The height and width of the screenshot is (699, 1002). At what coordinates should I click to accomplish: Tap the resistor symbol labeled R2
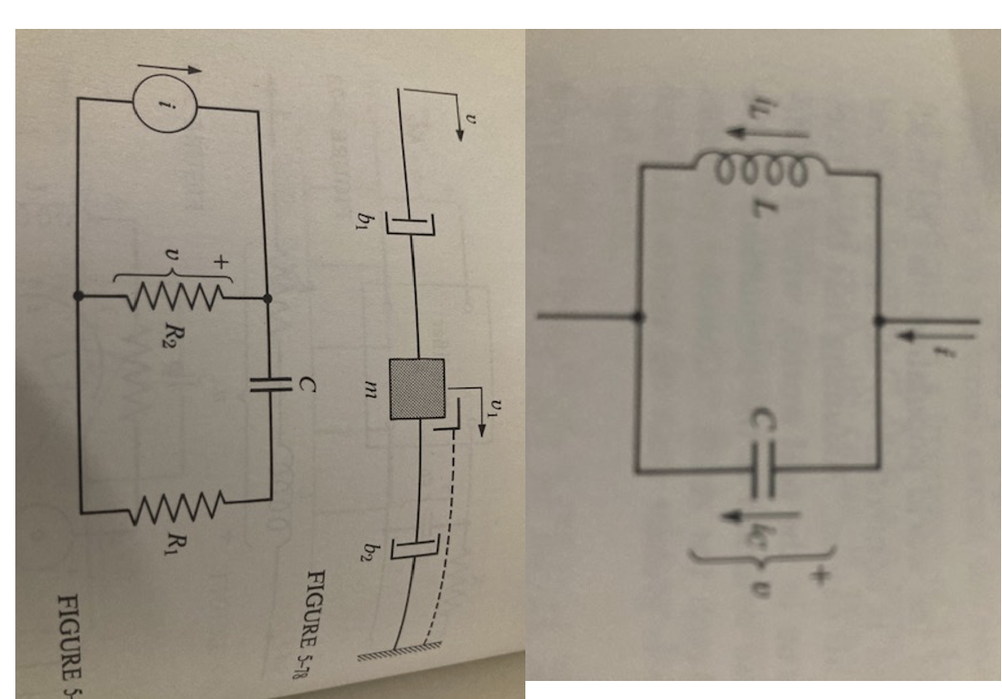tap(172, 296)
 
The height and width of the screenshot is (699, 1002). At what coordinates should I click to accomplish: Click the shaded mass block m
tap(416, 387)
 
